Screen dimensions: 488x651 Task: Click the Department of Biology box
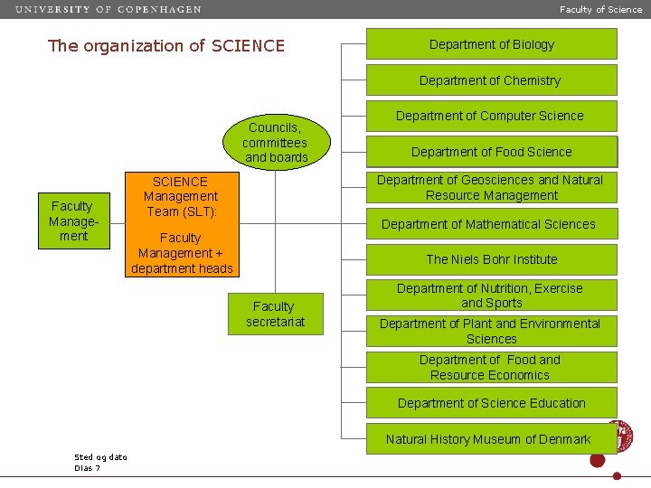click(x=491, y=44)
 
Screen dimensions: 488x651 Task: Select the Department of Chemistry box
click(x=491, y=80)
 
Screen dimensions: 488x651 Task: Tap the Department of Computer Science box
click(x=491, y=116)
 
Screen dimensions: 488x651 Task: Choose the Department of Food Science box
click(x=491, y=152)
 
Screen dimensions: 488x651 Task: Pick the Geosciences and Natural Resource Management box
click(x=491, y=188)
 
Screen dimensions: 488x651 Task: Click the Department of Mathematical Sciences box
click(x=491, y=224)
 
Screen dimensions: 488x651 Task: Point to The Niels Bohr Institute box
click(x=491, y=259)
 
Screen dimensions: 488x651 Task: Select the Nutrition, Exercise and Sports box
click(x=491, y=296)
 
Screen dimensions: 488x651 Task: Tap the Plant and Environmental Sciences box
click(x=491, y=332)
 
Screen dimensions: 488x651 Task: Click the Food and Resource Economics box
click(x=491, y=367)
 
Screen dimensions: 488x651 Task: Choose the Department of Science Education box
click(x=491, y=403)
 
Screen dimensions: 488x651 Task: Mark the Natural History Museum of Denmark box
click(x=488, y=439)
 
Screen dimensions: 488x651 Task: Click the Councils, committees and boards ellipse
click(x=277, y=143)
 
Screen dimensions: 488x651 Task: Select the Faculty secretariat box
click(x=275, y=314)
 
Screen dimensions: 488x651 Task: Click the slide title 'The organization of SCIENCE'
click(x=165, y=46)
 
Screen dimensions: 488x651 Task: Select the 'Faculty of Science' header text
click(x=600, y=10)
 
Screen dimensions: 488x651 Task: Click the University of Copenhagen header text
click(x=108, y=10)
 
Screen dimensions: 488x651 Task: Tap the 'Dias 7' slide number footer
click(x=88, y=467)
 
